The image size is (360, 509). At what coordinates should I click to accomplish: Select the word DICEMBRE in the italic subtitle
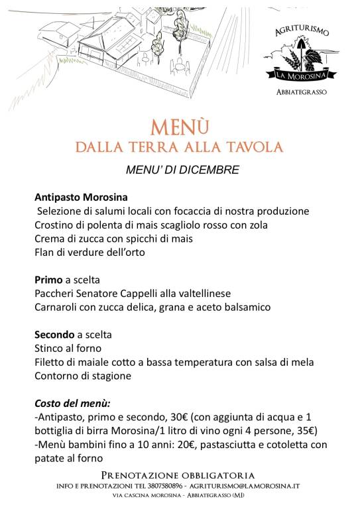(210, 170)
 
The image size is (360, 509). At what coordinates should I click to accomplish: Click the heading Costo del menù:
(72, 402)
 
